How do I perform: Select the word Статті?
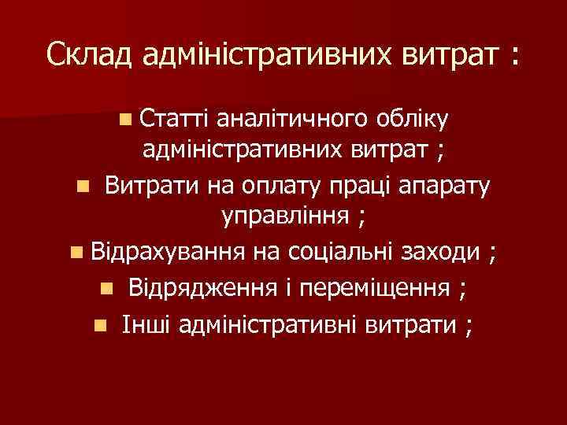tap(173, 119)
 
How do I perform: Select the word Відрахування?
tap(167, 252)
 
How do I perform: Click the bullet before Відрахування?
tap(75, 253)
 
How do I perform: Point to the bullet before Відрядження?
tap(107, 288)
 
